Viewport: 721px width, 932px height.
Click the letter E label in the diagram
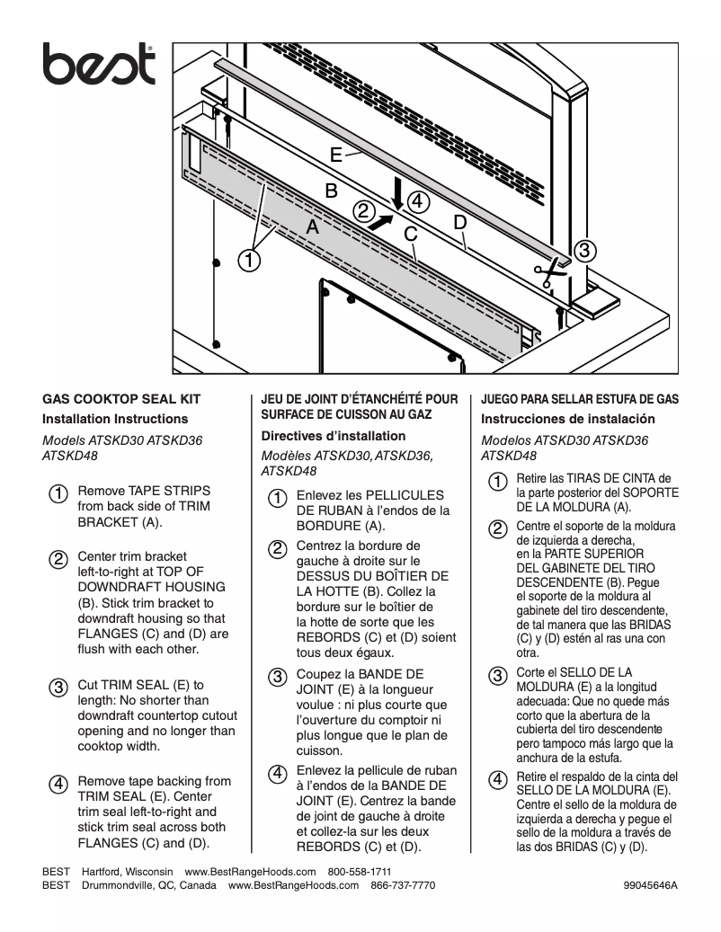click(335, 155)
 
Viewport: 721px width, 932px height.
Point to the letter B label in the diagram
click(331, 191)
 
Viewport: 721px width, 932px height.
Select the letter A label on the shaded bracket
click(312, 228)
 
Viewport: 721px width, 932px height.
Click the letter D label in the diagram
click(459, 221)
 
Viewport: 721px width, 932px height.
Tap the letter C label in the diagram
click(410, 234)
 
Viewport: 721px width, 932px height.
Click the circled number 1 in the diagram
click(249, 262)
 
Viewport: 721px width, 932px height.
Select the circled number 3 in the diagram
click(583, 251)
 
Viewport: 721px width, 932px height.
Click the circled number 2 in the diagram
click(363, 211)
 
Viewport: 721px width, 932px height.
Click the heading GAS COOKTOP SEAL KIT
click(121, 399)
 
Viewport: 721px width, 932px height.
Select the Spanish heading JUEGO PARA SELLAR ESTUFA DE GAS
click(580, 399)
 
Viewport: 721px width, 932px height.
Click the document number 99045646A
click(649, 885)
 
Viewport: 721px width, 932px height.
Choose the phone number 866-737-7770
click(403, 885)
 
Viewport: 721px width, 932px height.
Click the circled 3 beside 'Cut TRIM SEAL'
click(56, 688)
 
